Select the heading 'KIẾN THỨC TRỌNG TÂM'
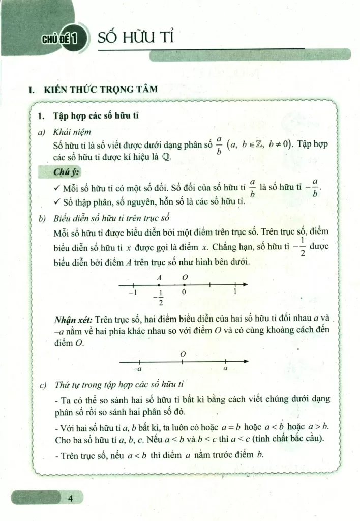point(100,90)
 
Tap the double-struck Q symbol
point(166,157)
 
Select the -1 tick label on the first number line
point(133,293)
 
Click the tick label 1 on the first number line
point(235,293)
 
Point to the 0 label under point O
point(184,293)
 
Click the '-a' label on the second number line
point(137,369)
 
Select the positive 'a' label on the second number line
point(225,368)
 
